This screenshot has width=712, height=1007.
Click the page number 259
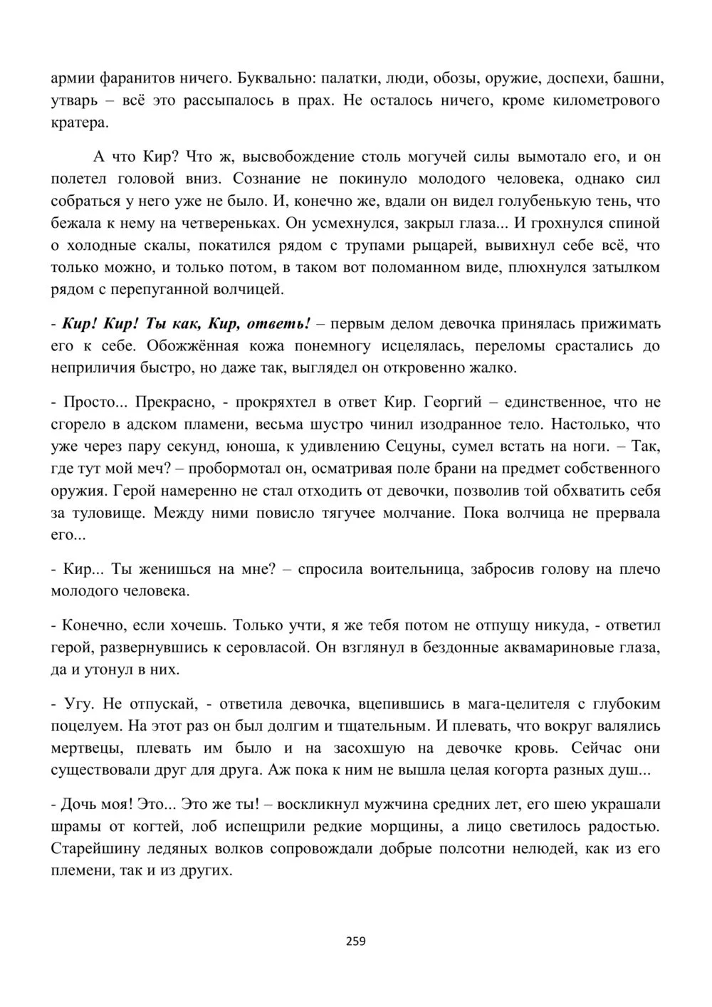[x=355, y=941]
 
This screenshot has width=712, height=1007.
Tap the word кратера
[x=80, y=122]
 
